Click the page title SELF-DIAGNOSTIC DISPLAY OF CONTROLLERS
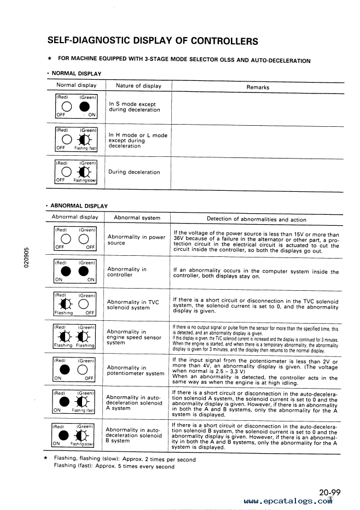point(153,41)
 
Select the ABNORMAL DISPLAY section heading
point(79,206)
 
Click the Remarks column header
point(258,87)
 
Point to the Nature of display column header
point(138,85)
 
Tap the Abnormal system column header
point(137,218)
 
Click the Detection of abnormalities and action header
point(257,219)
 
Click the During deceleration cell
point(134,172)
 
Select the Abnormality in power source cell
point(136,240)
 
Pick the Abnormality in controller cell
point(127,272)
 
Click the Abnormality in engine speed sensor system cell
point(134,337)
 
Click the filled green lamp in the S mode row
point(84,107)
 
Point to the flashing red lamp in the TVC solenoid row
point(64,304)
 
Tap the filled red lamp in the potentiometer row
point(63,370)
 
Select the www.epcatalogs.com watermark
point(287,501)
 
